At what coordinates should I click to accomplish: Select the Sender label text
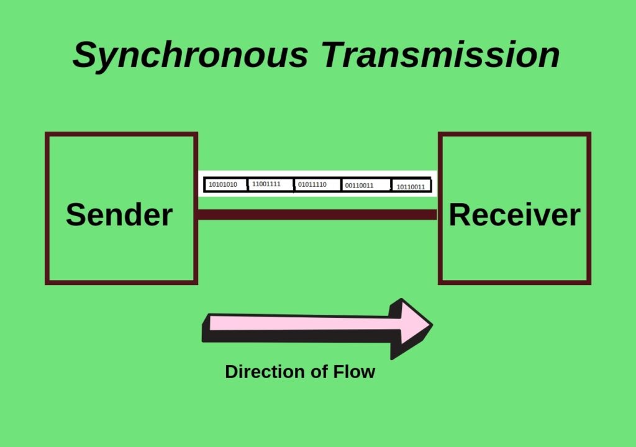pos(119,215)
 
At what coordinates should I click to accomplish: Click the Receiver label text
pos(514,215)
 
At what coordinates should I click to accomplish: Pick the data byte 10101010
pos(223,184)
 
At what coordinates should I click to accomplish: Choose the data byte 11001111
pos(266,184)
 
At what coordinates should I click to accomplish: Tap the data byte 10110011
pos(411,186)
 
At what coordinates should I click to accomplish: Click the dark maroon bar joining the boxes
pos(317,215)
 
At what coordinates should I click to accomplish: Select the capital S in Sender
pos(75,215)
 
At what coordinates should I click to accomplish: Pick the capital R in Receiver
pos(460,215)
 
